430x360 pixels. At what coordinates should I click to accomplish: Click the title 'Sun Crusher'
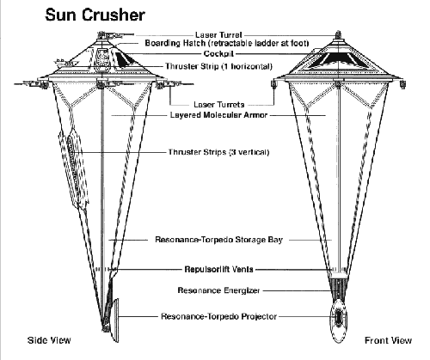[x=95, y=15]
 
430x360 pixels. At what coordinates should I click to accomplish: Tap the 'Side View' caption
[x=49, y=340]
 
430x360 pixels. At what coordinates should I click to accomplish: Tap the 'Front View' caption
[x=388, y=340]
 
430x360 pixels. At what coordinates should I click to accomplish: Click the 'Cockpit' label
[x=218, y=53]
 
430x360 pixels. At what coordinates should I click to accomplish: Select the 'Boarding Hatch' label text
[x=175, y=43]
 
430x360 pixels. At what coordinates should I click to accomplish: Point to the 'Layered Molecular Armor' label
[x=218, y=115]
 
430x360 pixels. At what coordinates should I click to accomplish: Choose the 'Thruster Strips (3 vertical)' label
[x=218, y=152]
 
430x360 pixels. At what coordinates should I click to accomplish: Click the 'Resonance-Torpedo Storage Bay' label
[x=218, y=240]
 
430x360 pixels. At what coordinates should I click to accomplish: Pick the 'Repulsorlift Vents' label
[x=218, y=270]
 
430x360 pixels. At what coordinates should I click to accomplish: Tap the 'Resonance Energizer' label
[x=218, y=290]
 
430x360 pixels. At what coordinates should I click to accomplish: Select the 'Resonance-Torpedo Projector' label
[x=218, y=316]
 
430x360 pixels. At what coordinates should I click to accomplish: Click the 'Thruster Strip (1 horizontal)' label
[x=218, y=66]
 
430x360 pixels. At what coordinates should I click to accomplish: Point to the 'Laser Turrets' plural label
[x=218, y=105]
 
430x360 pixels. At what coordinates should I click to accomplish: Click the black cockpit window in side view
[x=125, y=59]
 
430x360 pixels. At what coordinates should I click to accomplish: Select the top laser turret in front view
[x=339, y=35]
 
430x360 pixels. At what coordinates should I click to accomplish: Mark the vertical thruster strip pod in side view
[x=74, y=168]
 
